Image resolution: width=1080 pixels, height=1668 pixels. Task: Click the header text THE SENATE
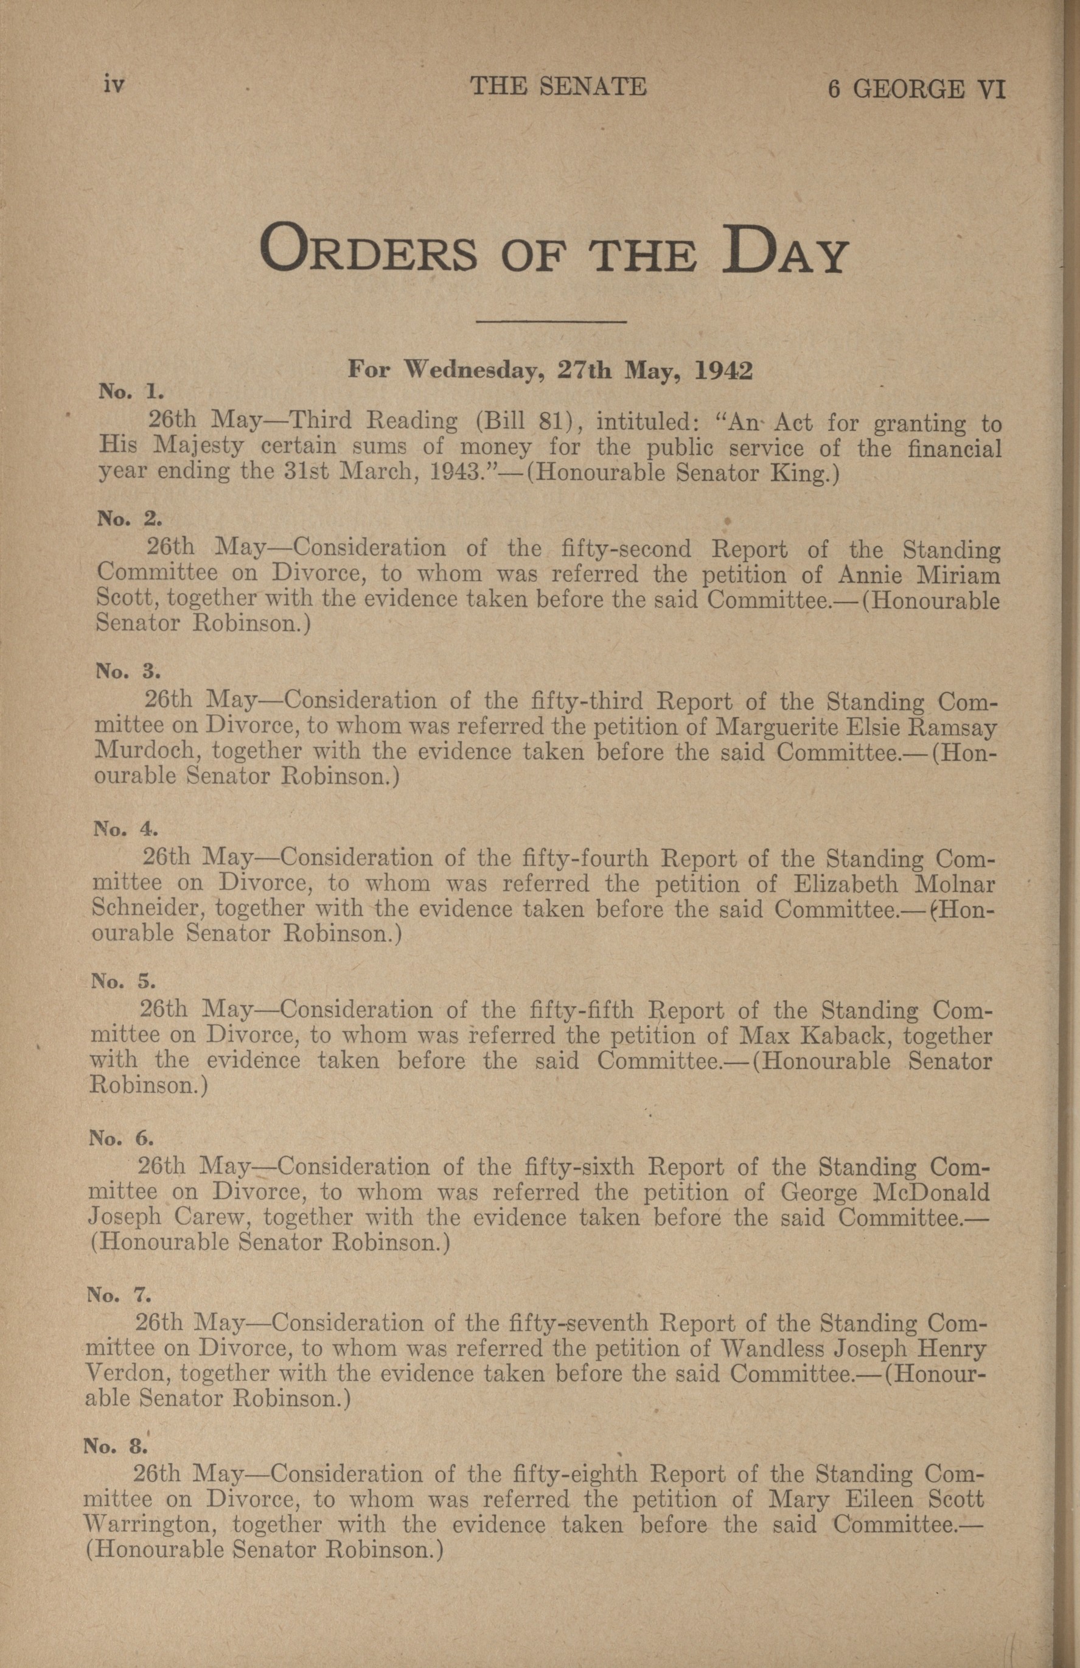click(558, 86)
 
